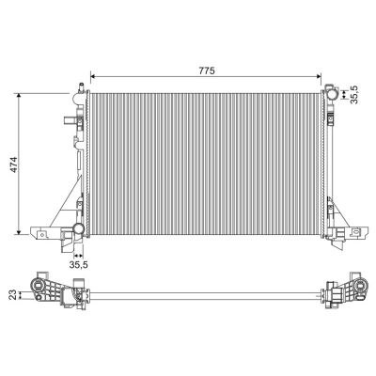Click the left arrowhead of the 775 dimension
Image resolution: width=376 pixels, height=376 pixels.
pyautogui.click(x=91, y=75)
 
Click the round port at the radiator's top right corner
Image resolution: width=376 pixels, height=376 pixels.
pyautogui.click(x=331, y=91)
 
